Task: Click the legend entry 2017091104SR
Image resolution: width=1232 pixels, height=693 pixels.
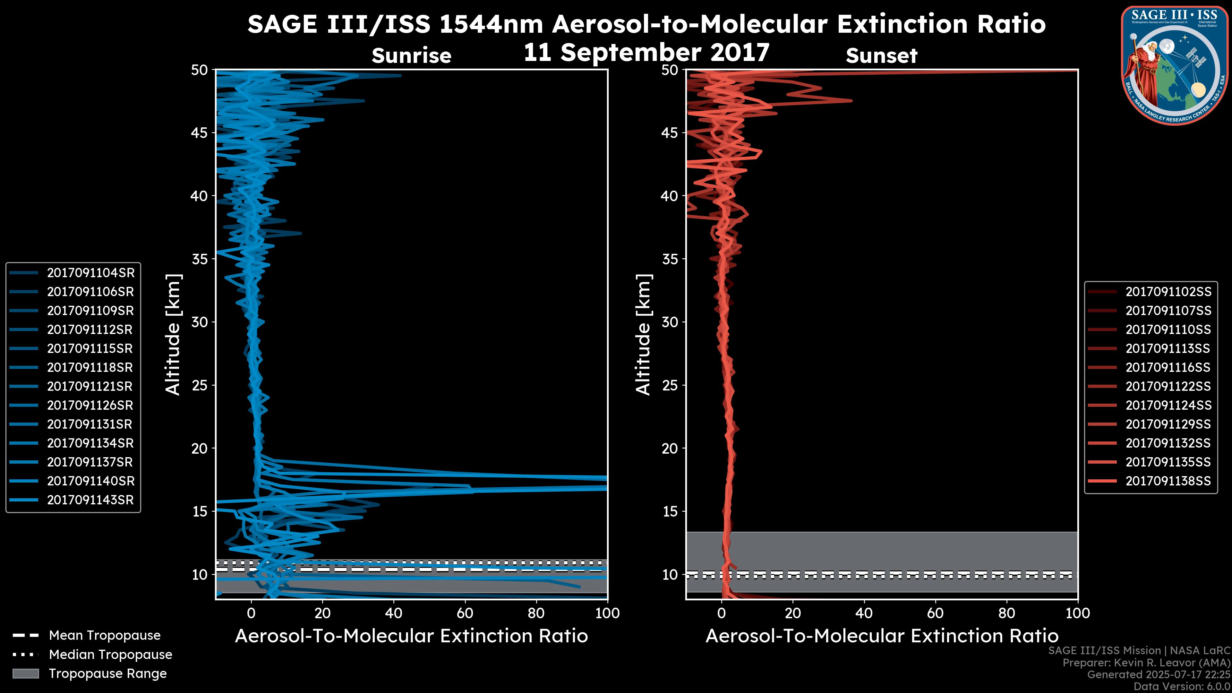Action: point(90,273)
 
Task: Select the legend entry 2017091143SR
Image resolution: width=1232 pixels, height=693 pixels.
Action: point(90,500)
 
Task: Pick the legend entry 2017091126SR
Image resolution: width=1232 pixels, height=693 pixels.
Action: point(90,406)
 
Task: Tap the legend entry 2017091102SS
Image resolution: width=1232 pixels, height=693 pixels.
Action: point(1168,292)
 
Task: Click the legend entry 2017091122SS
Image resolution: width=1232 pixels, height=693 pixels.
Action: point(1168,386)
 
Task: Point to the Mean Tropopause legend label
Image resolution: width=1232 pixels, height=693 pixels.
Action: point(105,636)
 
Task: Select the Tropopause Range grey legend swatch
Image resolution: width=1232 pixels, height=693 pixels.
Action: point(25,674)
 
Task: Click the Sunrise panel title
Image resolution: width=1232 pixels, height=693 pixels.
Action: point(411,56)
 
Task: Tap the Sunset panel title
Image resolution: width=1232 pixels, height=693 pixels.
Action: point(881,56)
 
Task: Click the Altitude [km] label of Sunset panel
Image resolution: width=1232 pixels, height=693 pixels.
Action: point(644,335)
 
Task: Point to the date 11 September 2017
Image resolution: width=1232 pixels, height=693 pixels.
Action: point(646,53)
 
